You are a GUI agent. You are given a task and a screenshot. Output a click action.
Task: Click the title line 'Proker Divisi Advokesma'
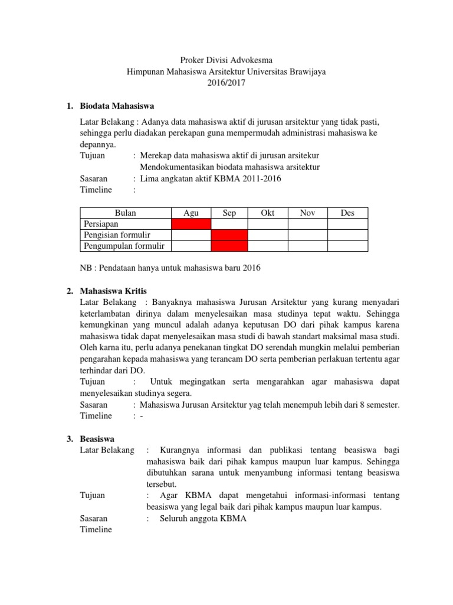coord(226,60)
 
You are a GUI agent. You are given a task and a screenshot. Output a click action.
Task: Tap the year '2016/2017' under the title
coord(226,83)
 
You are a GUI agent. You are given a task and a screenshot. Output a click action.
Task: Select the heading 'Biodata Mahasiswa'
coord(116,106)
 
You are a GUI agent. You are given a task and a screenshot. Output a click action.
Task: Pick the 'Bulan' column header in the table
coord(124,213)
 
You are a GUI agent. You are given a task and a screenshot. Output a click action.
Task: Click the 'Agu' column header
coord(191,213)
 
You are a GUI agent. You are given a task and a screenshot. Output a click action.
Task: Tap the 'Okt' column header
coord(268,213)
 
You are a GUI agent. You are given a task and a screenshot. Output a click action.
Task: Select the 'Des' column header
coord(347,213)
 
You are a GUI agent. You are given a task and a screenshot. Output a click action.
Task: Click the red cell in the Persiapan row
coord(191,224)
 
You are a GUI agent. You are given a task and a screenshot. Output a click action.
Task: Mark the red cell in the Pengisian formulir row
coord(229,235)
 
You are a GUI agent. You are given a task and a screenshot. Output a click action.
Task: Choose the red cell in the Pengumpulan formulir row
coord(229,246)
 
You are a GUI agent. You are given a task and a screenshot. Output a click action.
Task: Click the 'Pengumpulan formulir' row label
coord(124,246)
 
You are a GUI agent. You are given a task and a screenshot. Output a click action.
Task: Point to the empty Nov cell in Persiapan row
coord(307,224)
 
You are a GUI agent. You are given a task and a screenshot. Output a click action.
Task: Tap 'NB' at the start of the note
coord(86,268)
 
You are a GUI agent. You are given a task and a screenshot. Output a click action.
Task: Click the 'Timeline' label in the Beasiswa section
coord(96,529)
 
